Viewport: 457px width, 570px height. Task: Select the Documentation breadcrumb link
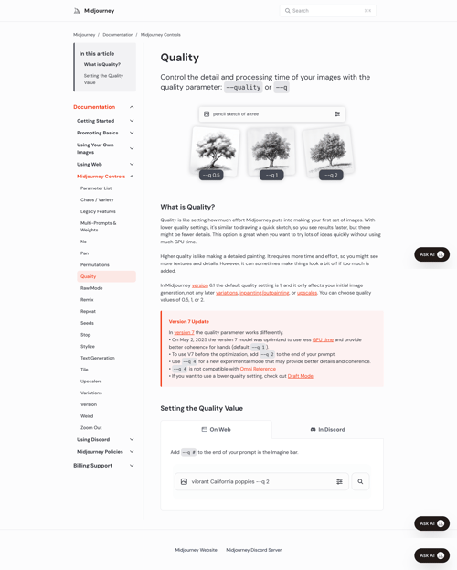tap(118, 35)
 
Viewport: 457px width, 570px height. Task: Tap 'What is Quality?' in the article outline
tap(102, 65)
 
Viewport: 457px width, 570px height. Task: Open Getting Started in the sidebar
tap(96, 121)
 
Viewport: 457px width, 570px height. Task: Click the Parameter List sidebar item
tap(96, 188)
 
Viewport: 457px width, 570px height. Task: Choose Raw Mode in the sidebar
tap(91, 288)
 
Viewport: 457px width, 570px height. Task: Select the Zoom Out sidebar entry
tap(91, 428)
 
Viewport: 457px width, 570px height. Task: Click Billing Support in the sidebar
tap(93, 466)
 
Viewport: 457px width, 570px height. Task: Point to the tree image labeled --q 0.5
tap(216, 149)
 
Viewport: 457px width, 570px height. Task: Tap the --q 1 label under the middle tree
tap(271, 175)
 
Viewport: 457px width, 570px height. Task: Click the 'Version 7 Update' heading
tap(189, 322)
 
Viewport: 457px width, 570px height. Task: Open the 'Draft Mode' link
tap(301, 376)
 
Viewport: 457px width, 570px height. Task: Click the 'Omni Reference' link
tap(258, 369)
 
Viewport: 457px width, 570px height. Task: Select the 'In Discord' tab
tap(327, 429)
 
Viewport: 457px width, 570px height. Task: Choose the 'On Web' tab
tap(216, 429)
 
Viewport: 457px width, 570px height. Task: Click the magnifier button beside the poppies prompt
tap(360, 481)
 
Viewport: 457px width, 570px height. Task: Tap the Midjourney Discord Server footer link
tap(254, 550)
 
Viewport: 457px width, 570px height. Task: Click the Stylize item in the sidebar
tap(88, 347)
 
